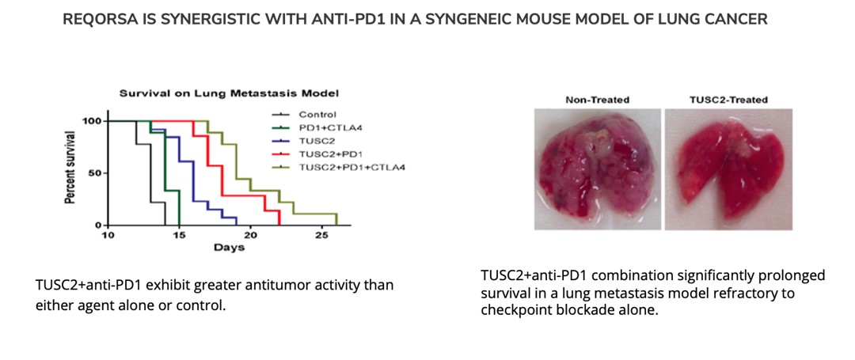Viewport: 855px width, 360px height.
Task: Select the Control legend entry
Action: coord(317,115)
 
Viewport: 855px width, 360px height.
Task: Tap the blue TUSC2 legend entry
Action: coord(315,141)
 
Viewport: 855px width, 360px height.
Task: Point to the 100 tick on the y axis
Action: coord(92,121)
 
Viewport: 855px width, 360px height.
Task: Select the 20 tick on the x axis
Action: coord(250,235)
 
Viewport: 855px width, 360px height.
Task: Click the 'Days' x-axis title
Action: coord(229,248)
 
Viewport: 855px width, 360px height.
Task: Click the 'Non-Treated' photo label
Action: coord(597,100)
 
